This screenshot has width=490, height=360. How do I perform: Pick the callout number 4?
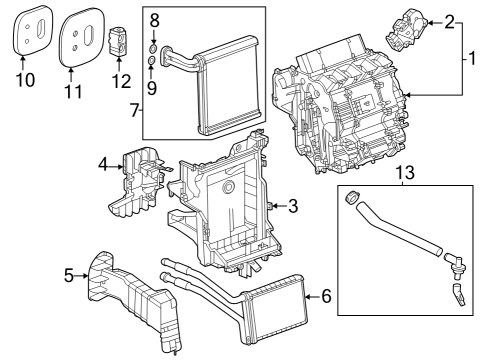pyautogui.click(x=103, y=163)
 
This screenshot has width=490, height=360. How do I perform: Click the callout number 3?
pyautogui.click(x=293, y=207)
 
